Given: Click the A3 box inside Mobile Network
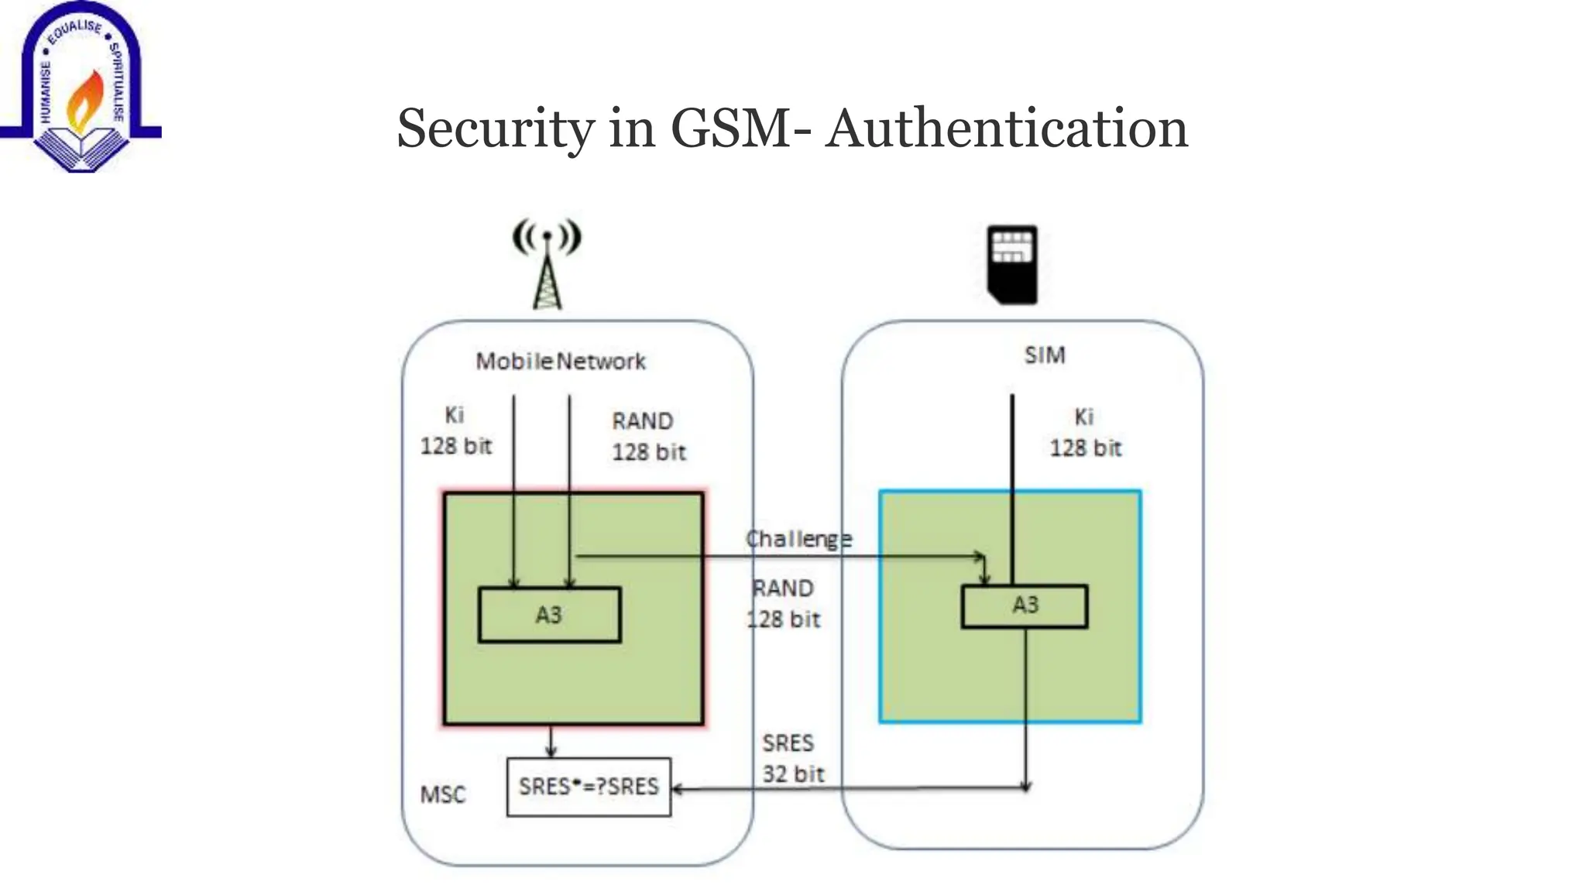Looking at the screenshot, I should pyautogui.click(x=549, y=615).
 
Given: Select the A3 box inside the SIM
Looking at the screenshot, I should pyautogui.click(x=1025, y=606).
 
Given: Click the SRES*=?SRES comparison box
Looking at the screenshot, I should pyautogui.click(x=589, y=787).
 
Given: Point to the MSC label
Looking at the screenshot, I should pyautogui.click(x=443, y=794).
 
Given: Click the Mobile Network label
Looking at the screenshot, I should pyautogui.click(x=560, y=362).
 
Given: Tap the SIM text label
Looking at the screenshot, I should pyautogui.click(x=1045, y=355).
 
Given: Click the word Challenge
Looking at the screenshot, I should pyautogui.click(x=798, y=539).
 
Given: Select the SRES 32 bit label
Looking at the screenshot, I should pyautogui.click(x=791, y=759).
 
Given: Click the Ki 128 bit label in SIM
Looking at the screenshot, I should pyautogui.click(x=1085, y=433).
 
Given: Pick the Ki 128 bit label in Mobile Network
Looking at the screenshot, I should pyautogui.click(x=455, y=431).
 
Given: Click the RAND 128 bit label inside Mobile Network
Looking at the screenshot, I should pyautogui.click(x=648, y=437).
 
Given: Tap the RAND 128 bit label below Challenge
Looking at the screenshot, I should pyautogui.click(x=783, y=604).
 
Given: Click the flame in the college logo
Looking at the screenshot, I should pyautogui.click(x=85, y=99).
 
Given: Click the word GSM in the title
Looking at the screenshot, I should pyautogui.click(x=731, y=129).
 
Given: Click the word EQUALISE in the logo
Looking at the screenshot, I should pyautogui.click(x=74, y=31).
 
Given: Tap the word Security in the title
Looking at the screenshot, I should pyautogui.click(x=495, y=129).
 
